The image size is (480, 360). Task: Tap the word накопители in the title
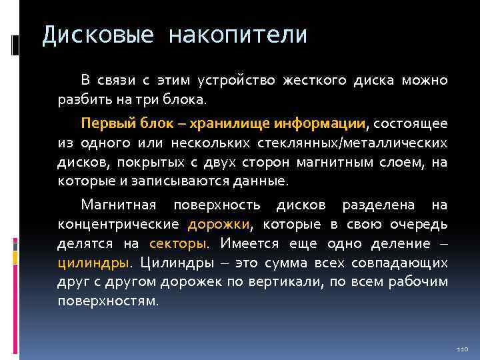tap(238, 35)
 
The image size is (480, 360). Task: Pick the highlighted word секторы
tap(178, 243)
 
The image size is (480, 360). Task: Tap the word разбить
tap(82, 100)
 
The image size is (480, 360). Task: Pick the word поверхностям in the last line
tap(107, 301)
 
